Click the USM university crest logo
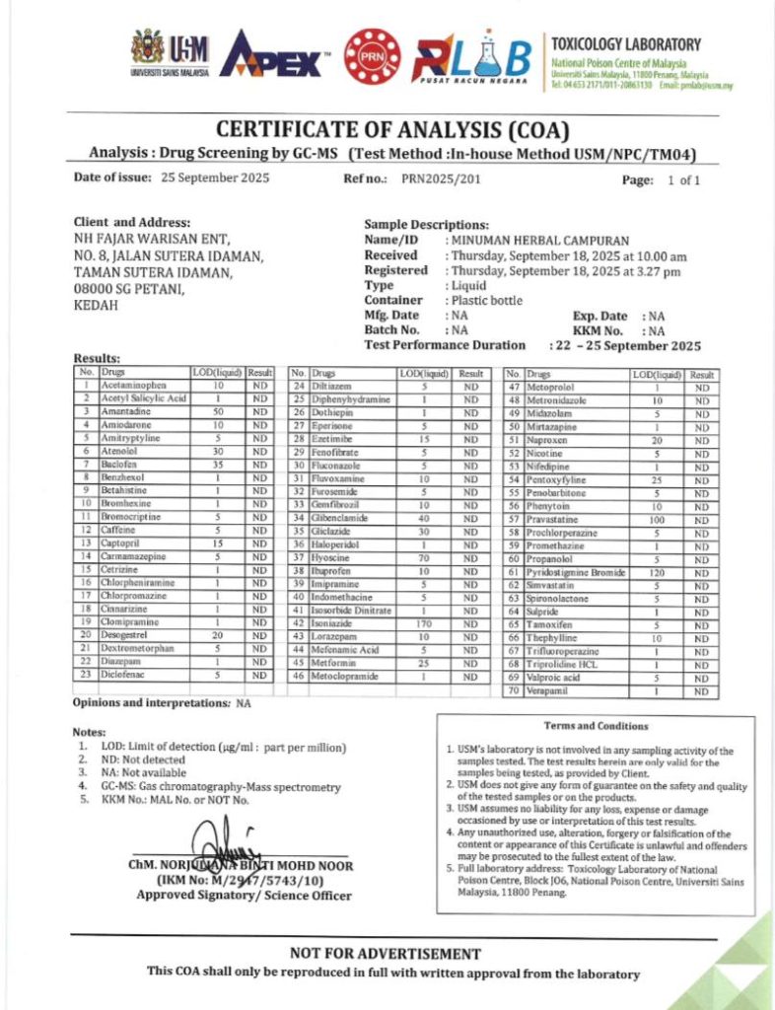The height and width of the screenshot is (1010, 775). click(x=148, y=46)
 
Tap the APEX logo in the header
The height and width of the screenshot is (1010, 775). click(x=272, y=56)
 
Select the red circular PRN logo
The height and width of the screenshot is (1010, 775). click(x=372, y=55)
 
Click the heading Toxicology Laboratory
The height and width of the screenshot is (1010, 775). click(x=626, y=44)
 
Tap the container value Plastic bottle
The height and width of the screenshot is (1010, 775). click(x=488, y=300)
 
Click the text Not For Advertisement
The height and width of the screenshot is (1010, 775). click(x=386, y=954)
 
